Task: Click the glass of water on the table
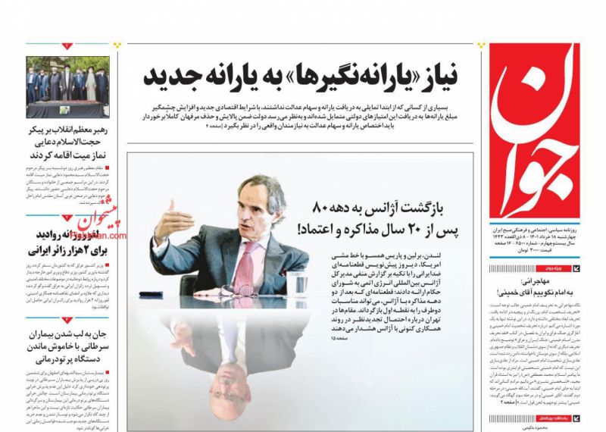(298, 280)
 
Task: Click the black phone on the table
(154, 293)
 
